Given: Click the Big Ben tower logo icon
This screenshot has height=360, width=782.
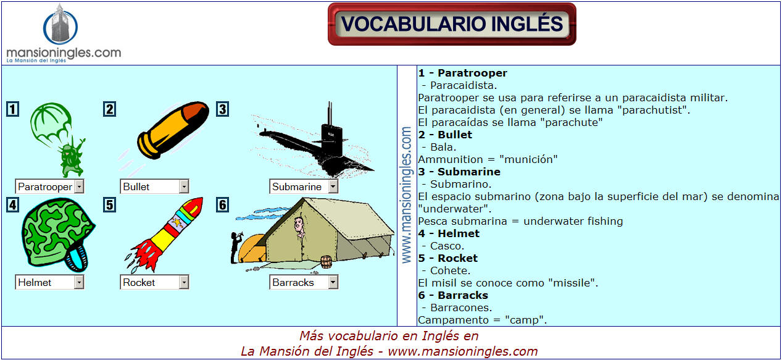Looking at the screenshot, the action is [60, 25].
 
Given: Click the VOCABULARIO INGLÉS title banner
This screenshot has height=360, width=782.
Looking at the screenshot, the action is [452, 24].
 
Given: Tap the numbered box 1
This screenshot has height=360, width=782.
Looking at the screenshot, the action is [12, 109].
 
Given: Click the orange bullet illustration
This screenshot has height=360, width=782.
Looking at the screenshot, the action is [173, 130].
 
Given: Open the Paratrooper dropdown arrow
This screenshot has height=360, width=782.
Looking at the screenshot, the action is [80, 186].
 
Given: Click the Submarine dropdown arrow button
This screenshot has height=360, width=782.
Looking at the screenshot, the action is [333, 186].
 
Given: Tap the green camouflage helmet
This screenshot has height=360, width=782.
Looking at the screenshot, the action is [57, 235].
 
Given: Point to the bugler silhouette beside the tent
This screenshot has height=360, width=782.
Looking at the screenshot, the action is [236, 247].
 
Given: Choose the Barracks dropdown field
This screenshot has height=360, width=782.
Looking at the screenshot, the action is [304, 282].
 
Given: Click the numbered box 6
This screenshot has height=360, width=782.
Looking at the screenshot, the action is [222, 205].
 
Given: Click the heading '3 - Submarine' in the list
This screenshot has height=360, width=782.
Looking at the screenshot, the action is [459, 172].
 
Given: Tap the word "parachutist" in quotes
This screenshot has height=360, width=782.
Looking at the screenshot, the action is [653, 110].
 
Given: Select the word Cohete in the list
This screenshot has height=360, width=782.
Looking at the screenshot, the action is [450, 270].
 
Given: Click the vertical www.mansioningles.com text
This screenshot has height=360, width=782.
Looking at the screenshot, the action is [406, 195].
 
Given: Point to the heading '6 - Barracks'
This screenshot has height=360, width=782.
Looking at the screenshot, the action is [453, 295].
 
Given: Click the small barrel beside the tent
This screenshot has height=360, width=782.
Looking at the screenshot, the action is [326, 262].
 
